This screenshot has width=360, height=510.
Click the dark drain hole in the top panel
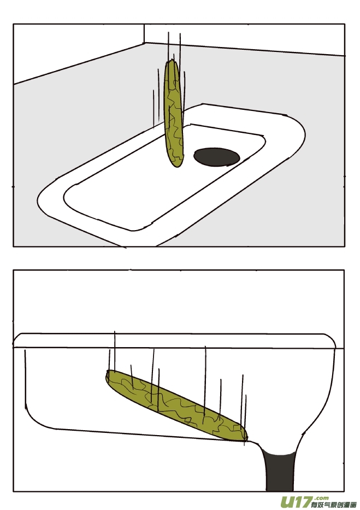[x=216, y=156]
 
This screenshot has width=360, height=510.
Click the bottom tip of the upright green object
[x=176, y=165]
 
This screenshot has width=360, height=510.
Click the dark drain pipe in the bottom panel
[x=279, y=470]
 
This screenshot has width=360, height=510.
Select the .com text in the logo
[x=322, y=497]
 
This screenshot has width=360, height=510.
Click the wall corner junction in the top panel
[x=144, y=43]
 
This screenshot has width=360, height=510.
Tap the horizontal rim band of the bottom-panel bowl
[x=175, y=341]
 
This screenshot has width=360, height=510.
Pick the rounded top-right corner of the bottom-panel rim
[x=331, y=338]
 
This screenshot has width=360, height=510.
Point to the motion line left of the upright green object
[x=154, y=109]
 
